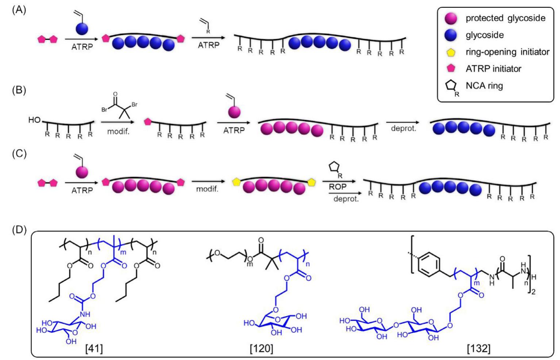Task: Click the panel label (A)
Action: click(19, 10)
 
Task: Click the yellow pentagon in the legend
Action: click(451, 52)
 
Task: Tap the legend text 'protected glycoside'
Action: click(505, 18)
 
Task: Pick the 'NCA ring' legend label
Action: click(484, 86)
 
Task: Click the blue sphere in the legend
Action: click(451, 35)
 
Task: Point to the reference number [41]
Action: click(94, 349)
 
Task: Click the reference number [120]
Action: click(261, 349)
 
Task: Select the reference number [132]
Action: click(479, 349)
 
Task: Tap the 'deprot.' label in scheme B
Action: click(403, 129)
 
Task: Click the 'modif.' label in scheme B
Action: click(118, 131)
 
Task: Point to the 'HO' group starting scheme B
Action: click(34, 120)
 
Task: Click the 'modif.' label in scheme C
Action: click(207, 189)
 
